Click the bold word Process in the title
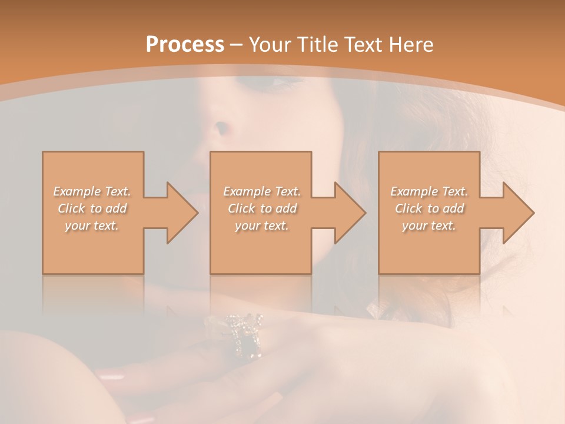pyautogui.click(x=185, y=45)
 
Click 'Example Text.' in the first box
pyautogui.click(x=92, y=191)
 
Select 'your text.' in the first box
pyautogui.click(x=92, y=226)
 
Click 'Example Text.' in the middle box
pyautogui.click(x=262, y=191)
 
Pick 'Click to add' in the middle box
pyautogui.click(x=262, y=208)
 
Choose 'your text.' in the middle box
pyautogui.click(x=262, y=226)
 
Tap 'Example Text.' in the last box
pyautogui.click(x=429, y=191)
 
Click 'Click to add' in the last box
pyautogui.click(x=429, y=208)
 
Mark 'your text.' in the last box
pyautogui.click(x=429, y=226)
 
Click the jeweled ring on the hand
pyautogui.click(x=244, y=336)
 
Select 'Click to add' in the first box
pyautogui.click(x=92, y=208)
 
